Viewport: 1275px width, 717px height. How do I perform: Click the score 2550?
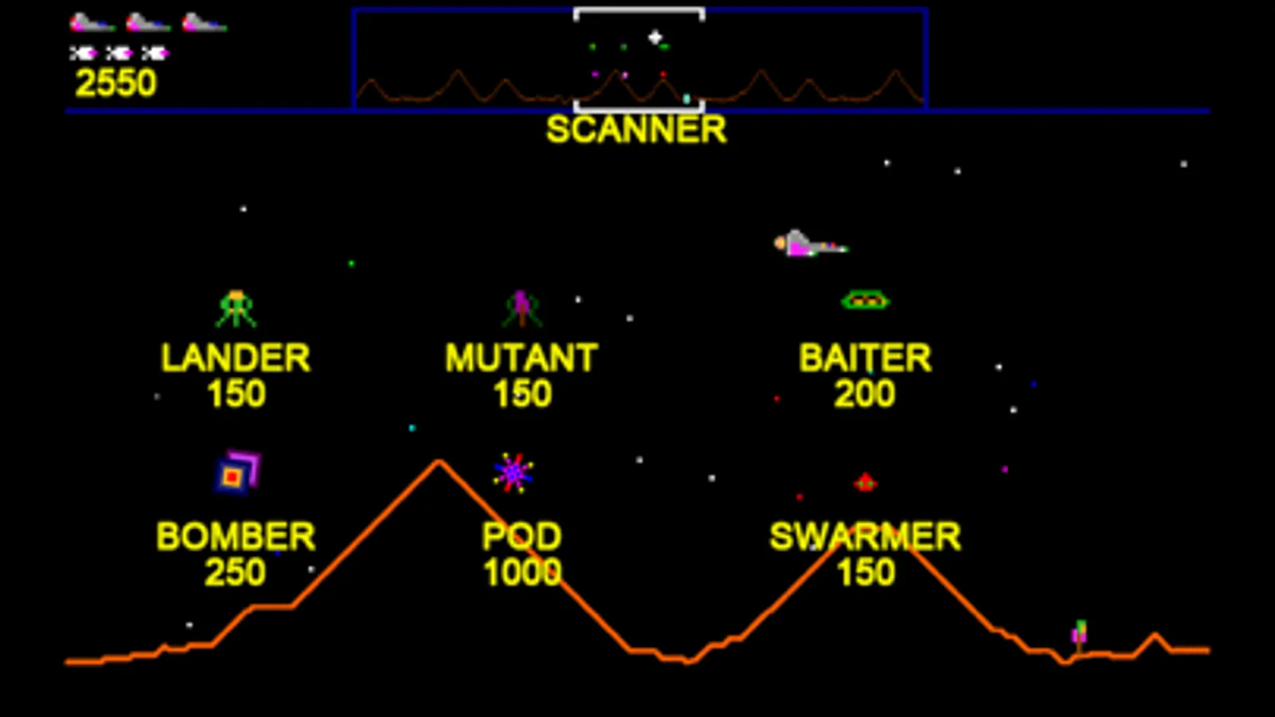pyautogui.click(x=116, y=83)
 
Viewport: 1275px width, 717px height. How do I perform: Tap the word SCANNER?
pyautogui.click(x=636, y=130)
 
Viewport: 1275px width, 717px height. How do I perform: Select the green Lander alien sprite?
pyautogui.click(x=236, y=308)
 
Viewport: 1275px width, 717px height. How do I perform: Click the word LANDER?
pyautogui.click(x=235, y=358)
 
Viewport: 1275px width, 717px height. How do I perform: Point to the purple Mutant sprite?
pyautogui.click(x=521, y=308)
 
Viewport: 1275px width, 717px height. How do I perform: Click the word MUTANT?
pyautogui.click(x=521, y=358)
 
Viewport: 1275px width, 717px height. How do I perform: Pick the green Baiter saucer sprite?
pyautogui.click(x=865, y=300)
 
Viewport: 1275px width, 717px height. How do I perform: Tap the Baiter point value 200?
pyautogui.click(x=864, y=394)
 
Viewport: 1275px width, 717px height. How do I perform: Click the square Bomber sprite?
pyautogui.click(x=237, y=472)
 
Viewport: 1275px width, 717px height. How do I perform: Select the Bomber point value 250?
pyautogui.click(x=235, y=572)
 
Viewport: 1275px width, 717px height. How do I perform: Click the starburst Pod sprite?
pyautogui.click(x=514, y=473)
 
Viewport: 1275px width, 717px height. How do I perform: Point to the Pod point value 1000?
pyautogui.click(x=522, y=572)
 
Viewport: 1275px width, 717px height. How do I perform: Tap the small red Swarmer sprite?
pyautogui.click(x=865, y=482)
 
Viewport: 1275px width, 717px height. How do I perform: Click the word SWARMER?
pyautogui.click(x=864, y=537)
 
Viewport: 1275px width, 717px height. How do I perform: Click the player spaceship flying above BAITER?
pyautogui.click(x=807, y=244)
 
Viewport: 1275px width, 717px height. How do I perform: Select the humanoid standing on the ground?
pyautogui.click(x=1080, y=635)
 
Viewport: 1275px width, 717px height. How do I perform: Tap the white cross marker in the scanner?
pyautogui.click(x=655, y=37)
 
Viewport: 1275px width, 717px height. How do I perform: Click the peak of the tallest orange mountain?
pyautogui.click(x=439, y=461)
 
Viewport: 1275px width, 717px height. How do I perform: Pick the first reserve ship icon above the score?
pyautogui.click(x=91, y=23)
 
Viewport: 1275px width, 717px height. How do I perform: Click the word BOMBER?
pyautogui.click(x=235, y=537)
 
